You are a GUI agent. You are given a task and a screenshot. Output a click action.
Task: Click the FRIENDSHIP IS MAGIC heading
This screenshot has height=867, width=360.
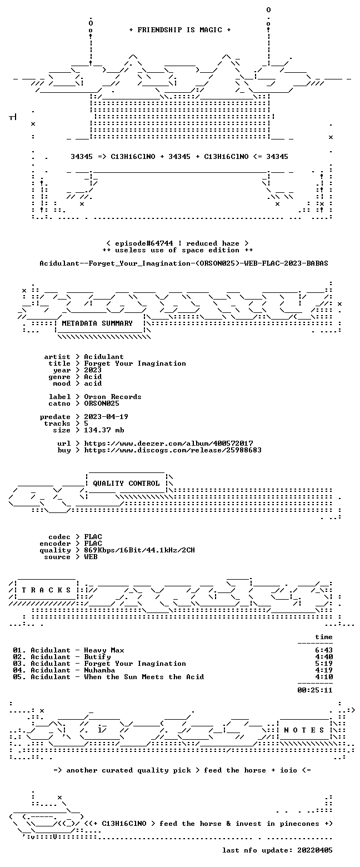coord(180,30)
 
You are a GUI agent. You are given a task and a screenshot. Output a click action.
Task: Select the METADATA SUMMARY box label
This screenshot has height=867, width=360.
coord(97,323)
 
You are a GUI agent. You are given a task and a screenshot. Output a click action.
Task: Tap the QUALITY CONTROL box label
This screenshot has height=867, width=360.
coord(126,484)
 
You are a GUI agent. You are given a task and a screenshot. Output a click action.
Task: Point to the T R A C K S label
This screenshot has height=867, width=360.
coord(46,590)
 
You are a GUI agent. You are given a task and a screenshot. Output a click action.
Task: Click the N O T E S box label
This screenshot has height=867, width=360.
coord(304,730)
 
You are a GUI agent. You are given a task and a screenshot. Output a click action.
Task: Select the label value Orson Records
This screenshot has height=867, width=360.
coord(113,397)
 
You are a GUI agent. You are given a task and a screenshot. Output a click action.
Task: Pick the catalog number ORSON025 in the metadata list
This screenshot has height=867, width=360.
coord(102,403)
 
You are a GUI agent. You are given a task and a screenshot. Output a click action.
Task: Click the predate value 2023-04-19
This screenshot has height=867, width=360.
coord(106,417)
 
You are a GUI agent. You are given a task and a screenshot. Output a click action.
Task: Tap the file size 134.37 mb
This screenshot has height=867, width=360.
coord(104,430)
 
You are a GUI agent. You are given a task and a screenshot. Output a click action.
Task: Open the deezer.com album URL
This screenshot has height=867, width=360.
coord(168,444)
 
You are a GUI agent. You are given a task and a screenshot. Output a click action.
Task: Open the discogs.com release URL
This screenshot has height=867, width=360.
coord(173,450)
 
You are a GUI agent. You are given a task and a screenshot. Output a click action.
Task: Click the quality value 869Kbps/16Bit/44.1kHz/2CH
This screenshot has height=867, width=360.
coord(139,550)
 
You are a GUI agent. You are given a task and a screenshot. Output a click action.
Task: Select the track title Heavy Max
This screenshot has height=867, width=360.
coord(104,650)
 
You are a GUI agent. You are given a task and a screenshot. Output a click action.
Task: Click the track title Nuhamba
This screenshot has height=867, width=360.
coord(99,670)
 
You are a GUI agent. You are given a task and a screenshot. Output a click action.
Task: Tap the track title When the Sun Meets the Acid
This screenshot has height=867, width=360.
coord(144,677)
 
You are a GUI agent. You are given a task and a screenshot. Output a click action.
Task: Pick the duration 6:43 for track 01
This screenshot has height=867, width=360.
coord(324,650)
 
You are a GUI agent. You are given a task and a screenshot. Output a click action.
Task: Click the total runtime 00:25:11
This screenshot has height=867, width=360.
coord(315,690)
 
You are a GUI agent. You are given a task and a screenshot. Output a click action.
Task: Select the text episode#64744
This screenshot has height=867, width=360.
coord(144,243)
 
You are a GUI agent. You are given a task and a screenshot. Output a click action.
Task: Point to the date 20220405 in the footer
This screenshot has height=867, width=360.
coord(315,850)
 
